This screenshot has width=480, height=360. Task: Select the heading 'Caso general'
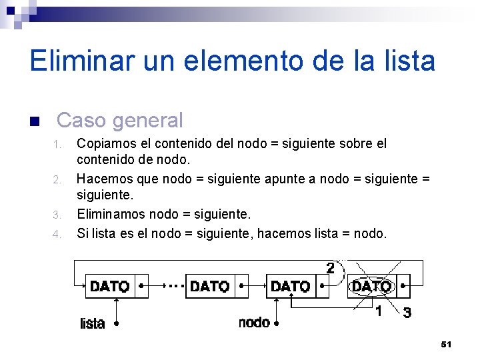[120, 120]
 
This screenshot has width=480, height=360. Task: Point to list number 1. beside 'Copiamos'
[58, 145]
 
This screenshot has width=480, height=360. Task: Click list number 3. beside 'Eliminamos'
[57, 215]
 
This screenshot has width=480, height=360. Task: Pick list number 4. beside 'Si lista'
[57, 234]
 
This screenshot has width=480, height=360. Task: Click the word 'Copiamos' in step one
[103, 143]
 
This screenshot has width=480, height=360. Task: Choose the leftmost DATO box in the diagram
[109, 286]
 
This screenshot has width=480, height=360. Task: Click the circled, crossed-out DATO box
[371, 287]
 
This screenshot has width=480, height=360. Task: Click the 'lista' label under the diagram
[92, 323]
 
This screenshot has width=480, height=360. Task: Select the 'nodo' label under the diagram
[254, 323]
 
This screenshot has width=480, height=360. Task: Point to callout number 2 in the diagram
[330, 268]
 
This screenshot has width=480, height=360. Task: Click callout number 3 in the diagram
[407, 312]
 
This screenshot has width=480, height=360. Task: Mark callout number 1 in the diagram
[379, 311]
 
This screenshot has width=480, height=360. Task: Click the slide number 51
[446, 344]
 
